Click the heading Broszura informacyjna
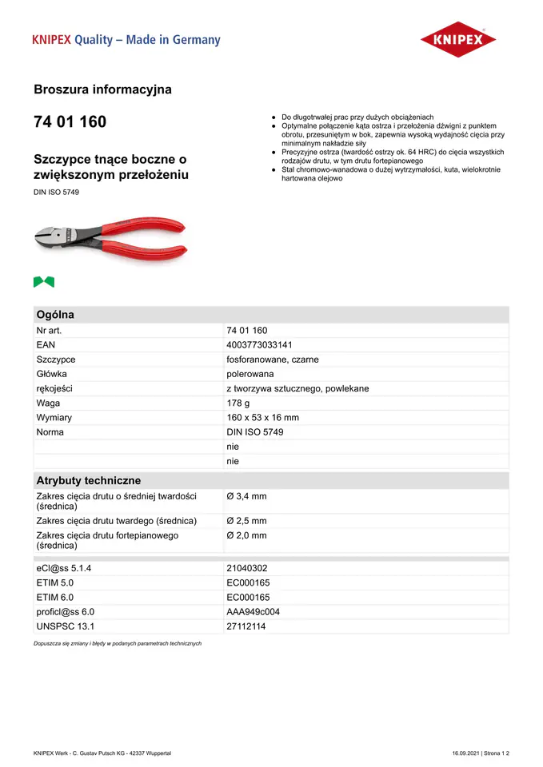tap(102, 89)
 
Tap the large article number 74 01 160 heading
tap(70, 122)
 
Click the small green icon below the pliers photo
tap(44, 281)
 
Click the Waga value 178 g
tap(238, 403)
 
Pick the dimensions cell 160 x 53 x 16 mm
tap(262, 418)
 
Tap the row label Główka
tap(51, 374)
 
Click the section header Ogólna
tap(55, 315)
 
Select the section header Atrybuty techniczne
tap(88, 481)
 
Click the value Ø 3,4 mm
tap(246, 497)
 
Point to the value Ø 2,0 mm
tap(246, 535)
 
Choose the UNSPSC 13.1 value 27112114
tap(246, 626)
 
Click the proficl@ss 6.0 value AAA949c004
tap(253, 612)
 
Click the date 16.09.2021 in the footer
tap(469, 753)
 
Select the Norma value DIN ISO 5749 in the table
tap(254, 432)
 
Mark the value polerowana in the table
tap(250, 374)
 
